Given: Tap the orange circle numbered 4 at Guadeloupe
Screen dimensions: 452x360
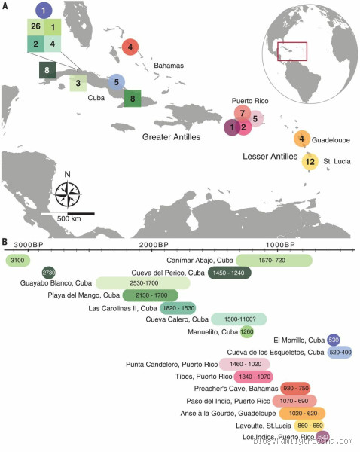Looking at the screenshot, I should coord(301,138).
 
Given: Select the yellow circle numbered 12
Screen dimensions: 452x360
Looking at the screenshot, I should coord(310,162).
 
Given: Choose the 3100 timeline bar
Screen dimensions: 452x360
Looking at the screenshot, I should coord(17,260).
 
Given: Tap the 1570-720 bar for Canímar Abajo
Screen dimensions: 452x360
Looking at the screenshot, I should coord(274,260).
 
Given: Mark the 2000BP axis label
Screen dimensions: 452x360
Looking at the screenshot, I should coord(153,246).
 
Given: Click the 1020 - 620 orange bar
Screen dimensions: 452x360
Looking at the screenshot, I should coord(302,413).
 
